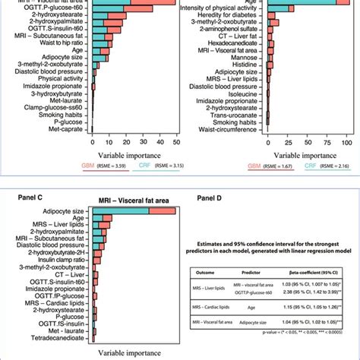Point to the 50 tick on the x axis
(175, 141)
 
